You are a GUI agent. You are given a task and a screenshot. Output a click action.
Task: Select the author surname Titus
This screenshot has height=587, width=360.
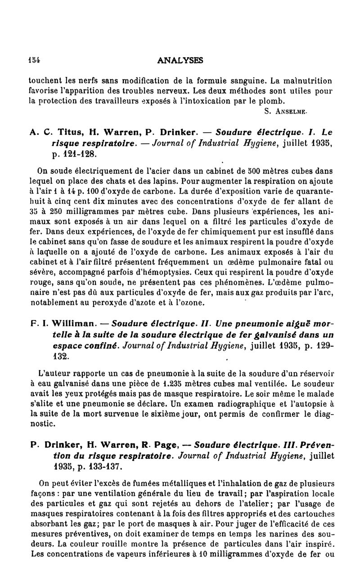(x=63, y=132)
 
